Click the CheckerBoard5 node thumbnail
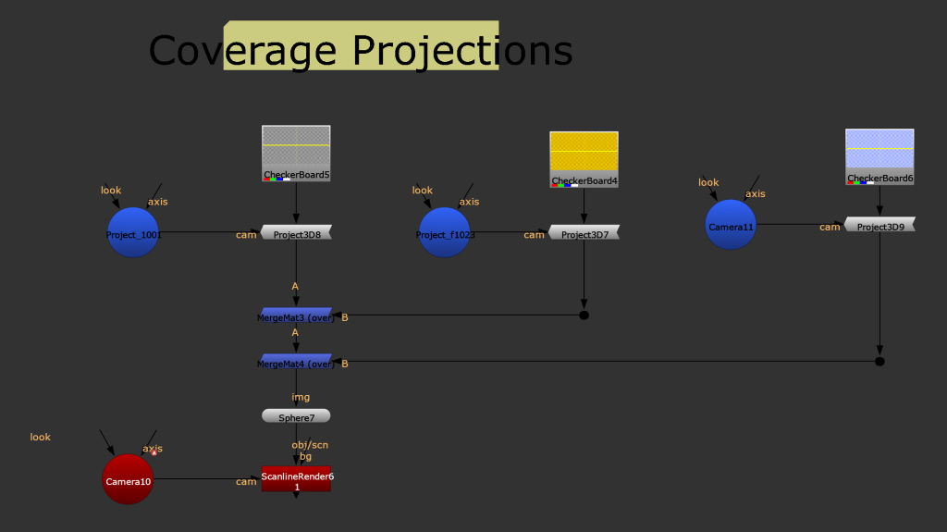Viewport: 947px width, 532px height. coord(296,153)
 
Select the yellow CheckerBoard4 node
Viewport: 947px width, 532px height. coord(584,159)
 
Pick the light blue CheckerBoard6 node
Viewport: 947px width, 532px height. coord(879,156)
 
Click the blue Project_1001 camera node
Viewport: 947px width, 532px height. coord(133,233)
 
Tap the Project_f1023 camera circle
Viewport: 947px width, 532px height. coord(445,233)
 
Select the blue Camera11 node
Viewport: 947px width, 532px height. coord(731,225)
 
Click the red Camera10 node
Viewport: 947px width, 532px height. coord(128,479)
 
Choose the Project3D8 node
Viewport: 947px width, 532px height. coord(296,233)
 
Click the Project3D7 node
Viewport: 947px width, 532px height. coord(584,233)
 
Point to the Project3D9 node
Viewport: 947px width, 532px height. coord(880,225)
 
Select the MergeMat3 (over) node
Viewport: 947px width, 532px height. coord(296,315)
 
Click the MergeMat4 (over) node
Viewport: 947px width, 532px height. coord(296,362)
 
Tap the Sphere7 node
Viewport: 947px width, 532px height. coord(296,416)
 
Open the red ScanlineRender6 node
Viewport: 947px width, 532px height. coord(296,479)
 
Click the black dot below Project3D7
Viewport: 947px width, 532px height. coord(584,315)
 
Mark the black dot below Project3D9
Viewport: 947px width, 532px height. coord(880,362)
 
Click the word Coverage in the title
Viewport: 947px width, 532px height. coord(242,51)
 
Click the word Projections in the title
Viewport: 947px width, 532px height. coord(462,51)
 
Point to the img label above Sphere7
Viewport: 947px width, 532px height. coord(301,397)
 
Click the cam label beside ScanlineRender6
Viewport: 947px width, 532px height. coord(246,482)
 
